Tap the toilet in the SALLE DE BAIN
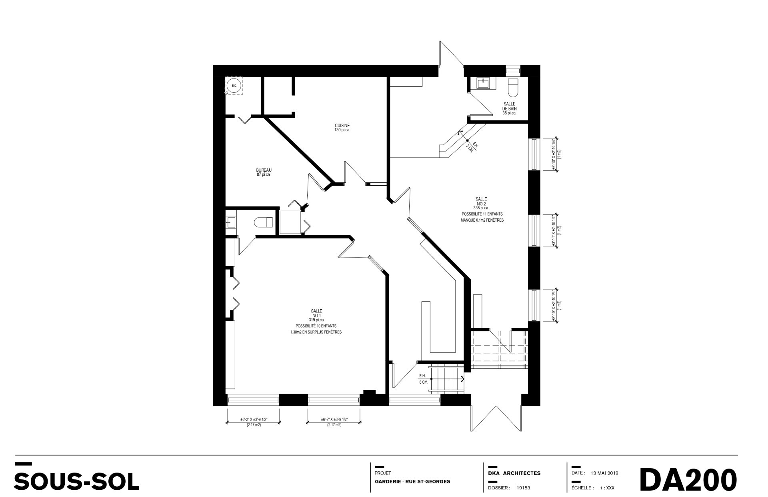[x=513, y=88]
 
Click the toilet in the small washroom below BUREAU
[x=264, y=222]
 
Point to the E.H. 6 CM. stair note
[x=423, y=379]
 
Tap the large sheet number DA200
[x=688, y=479]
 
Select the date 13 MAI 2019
[x=604, y=473]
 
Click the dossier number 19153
[x=524, y=488]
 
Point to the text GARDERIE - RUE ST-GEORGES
[x=412, y=481]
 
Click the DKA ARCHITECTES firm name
[x=514, y=473]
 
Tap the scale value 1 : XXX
[x=607, y=488]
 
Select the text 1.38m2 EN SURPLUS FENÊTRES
[x=316, y=332]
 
